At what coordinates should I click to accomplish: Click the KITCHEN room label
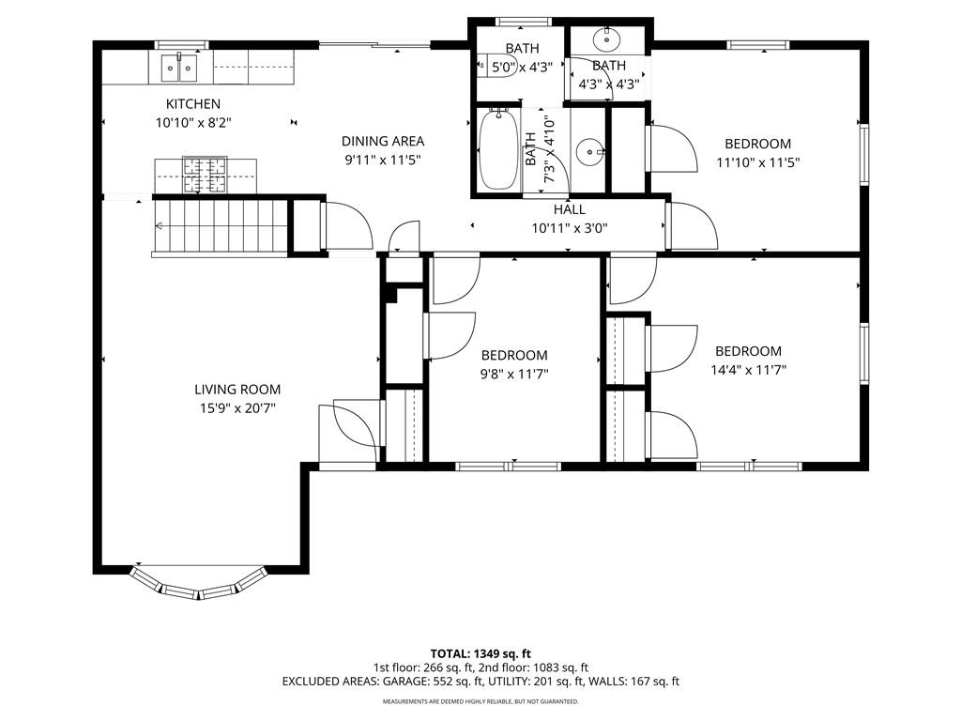193,104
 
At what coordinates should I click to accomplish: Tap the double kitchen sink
179,68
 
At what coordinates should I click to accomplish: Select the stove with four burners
205,175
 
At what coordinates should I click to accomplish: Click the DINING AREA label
383,141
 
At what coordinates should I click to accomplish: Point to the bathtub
497,150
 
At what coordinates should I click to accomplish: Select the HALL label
570,209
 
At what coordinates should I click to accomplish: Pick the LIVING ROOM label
237,390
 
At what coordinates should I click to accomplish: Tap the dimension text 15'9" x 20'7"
237,408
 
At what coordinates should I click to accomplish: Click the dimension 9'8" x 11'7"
514,374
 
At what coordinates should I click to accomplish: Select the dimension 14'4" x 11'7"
748,370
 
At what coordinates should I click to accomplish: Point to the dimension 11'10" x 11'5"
758,163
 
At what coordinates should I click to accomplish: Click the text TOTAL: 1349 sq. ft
480,653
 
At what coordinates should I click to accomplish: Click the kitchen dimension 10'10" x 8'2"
193,123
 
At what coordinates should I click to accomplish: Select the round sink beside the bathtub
589,150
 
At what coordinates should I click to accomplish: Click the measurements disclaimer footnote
480,701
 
